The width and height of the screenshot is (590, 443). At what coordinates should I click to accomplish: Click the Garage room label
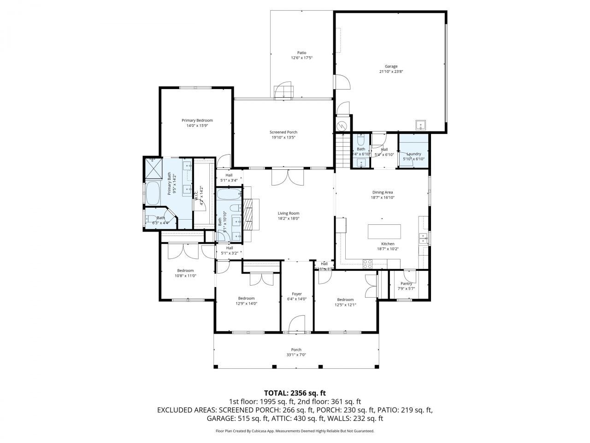391,66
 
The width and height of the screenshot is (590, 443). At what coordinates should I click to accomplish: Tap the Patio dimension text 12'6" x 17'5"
301,58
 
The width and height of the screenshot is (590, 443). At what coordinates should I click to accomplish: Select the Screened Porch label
283,132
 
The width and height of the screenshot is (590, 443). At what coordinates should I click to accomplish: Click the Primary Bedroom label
197,120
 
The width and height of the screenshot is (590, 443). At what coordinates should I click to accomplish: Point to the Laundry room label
413,154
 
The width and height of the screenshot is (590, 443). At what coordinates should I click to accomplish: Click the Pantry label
406,284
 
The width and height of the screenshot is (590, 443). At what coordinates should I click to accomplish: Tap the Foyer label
297,294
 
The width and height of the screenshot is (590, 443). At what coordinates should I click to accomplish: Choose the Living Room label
289,214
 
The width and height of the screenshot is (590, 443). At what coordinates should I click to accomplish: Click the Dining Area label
382,192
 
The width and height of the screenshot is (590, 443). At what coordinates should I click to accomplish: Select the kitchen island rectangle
384,231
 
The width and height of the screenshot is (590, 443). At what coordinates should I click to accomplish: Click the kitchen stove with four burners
368,264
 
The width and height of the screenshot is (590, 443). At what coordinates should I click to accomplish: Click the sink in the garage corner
421,125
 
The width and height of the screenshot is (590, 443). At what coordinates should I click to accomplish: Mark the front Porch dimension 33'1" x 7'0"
296,355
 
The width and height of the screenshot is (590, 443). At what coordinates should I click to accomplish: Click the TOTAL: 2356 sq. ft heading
295,393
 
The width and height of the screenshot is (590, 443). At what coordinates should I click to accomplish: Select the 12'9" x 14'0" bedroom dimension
248,304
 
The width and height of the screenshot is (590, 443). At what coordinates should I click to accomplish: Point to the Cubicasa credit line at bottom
295,431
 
